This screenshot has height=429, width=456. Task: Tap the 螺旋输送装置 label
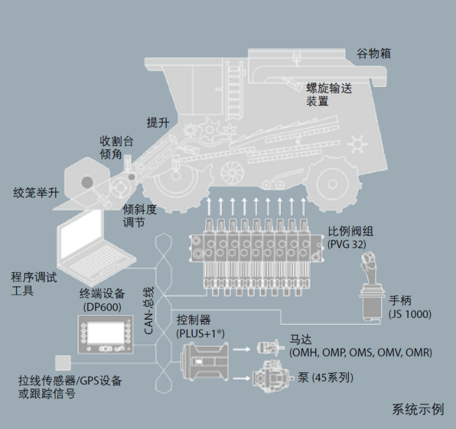click(329, 95)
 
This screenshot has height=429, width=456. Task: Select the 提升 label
click(158, 123)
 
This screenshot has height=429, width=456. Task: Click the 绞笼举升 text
click(36, 192)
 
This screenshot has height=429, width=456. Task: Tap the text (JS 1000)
click(410, 314)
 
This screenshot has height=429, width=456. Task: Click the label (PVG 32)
click(347, 243)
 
